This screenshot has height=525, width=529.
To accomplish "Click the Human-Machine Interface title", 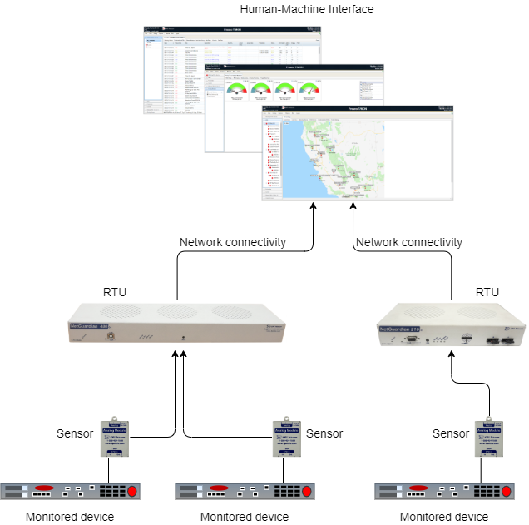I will coord(306,10).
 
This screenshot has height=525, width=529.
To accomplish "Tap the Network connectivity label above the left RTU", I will coord(233,242).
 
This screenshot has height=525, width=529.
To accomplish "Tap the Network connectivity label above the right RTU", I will coord(408,242).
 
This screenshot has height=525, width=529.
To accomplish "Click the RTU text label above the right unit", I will coord(487,292).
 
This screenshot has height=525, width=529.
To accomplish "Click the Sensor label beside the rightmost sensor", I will coord(451,433).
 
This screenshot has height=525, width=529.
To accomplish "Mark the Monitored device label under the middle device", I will coord(244,517).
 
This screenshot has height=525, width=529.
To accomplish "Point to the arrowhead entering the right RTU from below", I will coord(451,353).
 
